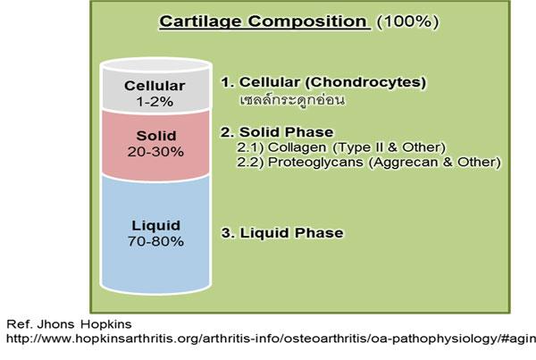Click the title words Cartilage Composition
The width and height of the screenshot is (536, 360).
263,21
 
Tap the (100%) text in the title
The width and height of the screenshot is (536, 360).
407,21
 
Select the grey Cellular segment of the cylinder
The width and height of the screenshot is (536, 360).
155,90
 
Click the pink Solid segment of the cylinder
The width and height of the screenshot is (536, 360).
155,145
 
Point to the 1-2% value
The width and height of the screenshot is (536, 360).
155,102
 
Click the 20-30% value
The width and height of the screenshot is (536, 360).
155,152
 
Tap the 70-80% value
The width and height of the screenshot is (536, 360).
155,241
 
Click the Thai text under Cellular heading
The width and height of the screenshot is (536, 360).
292,100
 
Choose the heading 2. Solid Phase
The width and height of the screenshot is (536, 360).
277,132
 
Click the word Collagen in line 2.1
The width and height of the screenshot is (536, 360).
297,147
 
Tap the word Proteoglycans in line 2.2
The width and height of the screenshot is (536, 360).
315,162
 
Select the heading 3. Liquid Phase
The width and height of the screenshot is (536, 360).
282,233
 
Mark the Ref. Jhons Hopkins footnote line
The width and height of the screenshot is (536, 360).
69,324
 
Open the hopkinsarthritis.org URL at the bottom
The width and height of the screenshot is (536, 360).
271,339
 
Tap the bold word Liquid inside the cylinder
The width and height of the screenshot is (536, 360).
155,226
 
